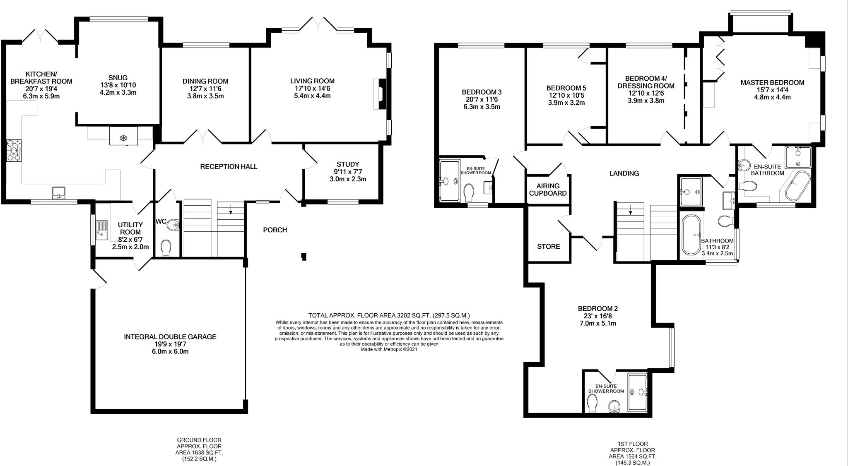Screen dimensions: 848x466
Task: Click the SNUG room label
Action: point(118,78)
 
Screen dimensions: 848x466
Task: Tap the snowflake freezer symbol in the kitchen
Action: point(123,137)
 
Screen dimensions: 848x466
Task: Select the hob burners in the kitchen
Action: point(14,152)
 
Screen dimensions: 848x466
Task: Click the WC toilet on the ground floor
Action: point(166,248)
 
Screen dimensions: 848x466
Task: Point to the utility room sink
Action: point(101,231)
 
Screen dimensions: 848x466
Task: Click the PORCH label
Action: point(275,230)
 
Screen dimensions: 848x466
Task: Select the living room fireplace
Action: point(380,94)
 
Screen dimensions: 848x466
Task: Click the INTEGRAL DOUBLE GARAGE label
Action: point(170,337)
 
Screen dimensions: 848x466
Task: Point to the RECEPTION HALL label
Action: point(229,167)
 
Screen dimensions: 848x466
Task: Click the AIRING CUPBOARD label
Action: point(548,190)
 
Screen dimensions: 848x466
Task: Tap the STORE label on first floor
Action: point(549,247)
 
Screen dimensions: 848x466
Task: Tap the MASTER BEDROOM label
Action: point(772,83)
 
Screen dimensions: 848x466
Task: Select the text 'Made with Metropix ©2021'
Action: point(389,349)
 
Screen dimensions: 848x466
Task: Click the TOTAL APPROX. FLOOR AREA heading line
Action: point(389,315)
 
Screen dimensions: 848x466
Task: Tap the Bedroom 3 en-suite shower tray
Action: point(449,181)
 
